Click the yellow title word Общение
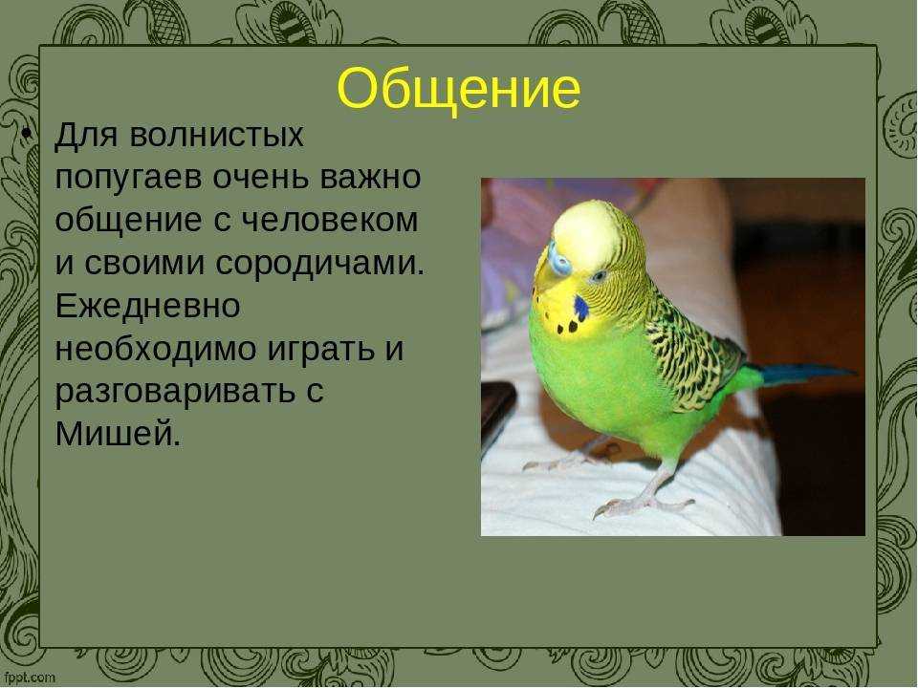click(458, 89)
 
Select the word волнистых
click(217, 136)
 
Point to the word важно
click(370, 178)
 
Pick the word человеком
click(329, 221)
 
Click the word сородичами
click(319, 265)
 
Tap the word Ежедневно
click(147, 307)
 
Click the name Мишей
click(118, 435)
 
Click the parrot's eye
click(598, 275)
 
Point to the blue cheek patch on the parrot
click(580, 308)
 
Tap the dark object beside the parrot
click(497, 414)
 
